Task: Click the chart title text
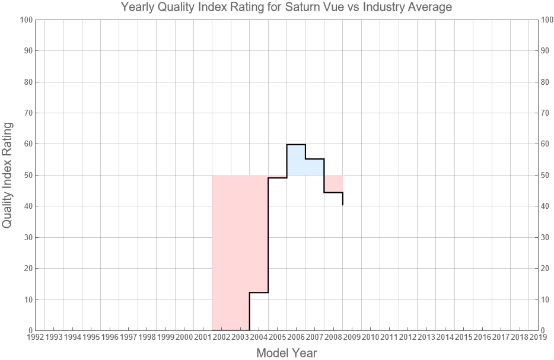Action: pos(286,8)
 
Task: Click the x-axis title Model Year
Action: pos(286,353)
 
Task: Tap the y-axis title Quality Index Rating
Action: pos(8,175)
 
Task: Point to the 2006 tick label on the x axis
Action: pos(296,337)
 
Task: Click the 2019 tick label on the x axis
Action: pos(538,337)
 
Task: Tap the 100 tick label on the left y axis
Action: pos(25,20)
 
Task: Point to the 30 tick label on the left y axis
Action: pos(27,237)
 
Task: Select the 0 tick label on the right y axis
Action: pos(544,330)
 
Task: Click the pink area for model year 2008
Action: pos(333,183)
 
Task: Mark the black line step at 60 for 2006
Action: pos(296,144)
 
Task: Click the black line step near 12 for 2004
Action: pos(259,292)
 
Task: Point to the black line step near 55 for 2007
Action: pos(314,159)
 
